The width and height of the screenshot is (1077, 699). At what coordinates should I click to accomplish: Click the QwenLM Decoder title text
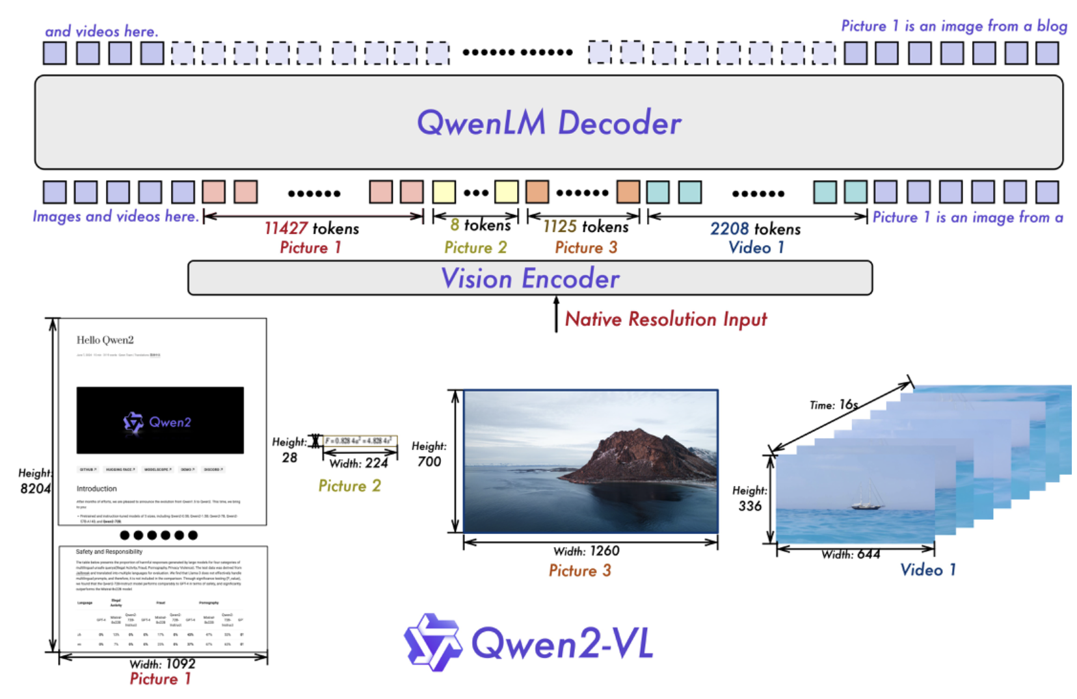549,122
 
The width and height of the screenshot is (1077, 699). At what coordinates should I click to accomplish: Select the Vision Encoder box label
530,278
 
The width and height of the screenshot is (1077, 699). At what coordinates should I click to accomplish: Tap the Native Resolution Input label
665,319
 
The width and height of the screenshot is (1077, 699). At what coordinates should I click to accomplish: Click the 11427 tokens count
312,228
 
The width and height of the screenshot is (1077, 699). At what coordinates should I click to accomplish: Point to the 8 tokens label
480,225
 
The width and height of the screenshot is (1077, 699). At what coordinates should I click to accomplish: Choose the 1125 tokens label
585,226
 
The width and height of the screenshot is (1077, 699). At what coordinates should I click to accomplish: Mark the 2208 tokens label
755,229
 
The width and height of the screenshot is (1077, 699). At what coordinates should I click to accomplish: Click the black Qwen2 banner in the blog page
160,420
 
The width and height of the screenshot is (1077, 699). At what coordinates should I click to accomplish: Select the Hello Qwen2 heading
105,340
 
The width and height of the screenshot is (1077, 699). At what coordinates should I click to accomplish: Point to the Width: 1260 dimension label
586,551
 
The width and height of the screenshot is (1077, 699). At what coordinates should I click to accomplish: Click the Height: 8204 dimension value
35,488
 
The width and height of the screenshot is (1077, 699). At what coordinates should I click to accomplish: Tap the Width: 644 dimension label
851,554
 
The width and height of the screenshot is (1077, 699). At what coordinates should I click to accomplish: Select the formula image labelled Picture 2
360,441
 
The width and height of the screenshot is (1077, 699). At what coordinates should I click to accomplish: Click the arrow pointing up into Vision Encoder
556,314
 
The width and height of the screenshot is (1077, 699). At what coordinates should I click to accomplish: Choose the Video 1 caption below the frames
927,570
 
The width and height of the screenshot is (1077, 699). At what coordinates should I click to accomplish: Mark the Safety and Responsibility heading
109,552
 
